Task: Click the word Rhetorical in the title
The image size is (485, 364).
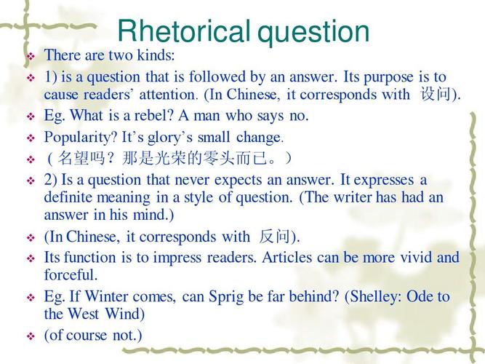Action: (x=184, y=32)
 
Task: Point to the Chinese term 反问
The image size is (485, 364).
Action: (x=275, y=237)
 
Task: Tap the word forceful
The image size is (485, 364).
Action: (x=71, y=275)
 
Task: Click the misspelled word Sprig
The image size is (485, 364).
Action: (x=229, y=296)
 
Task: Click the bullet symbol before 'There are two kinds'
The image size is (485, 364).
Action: (x=31, y=56)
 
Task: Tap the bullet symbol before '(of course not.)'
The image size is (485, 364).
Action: (x=31, y=336)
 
